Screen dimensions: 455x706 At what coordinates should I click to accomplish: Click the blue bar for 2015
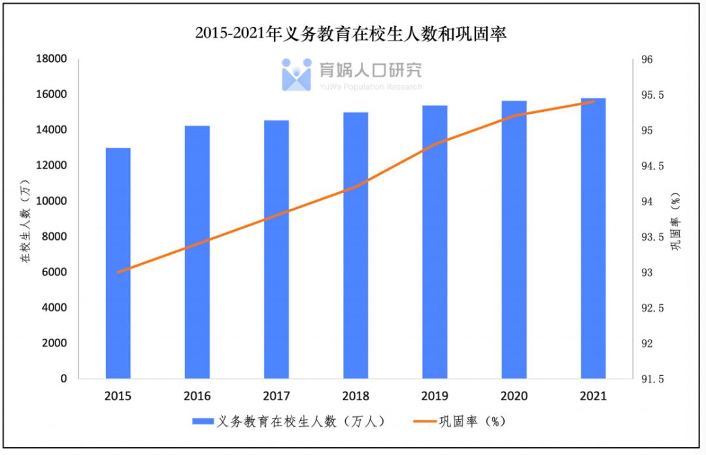pos(118,263)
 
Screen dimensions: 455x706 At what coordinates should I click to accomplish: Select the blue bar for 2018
pos(356,245)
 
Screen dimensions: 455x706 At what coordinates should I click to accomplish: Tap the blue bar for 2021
pos(593,238)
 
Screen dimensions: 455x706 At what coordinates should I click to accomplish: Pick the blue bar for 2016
pos(197,252)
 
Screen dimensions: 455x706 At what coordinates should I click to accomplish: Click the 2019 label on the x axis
pos(434,396)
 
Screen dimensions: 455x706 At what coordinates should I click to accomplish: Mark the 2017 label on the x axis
pos(276,396)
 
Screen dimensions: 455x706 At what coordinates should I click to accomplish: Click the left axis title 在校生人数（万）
pos(25,218)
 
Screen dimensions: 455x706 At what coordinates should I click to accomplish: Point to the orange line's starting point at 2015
pos(118,272)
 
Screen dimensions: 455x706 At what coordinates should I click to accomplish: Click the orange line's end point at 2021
pos(593,101)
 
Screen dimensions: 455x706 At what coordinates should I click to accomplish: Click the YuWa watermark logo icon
pos(296,75)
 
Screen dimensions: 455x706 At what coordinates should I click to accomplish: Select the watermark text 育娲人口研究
pos(371,70)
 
